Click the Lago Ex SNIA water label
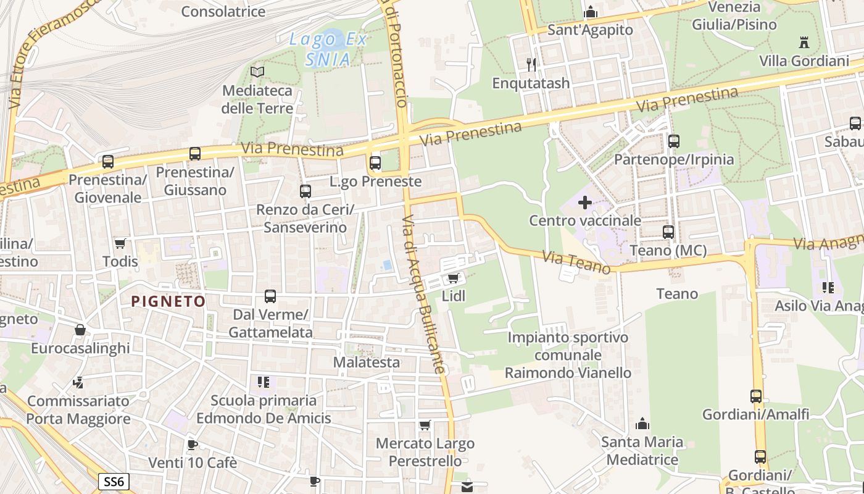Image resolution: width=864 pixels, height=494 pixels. [328, 49]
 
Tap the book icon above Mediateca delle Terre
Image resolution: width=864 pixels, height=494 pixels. [257, 72]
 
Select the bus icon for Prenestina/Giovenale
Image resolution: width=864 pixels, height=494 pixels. [108, 162]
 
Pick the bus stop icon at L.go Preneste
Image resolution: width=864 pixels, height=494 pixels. [375, 163]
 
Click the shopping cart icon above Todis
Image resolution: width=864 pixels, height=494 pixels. [120, 243]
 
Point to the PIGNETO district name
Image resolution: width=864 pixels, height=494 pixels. [168, 301]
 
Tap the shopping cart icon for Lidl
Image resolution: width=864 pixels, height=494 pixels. [454, 278]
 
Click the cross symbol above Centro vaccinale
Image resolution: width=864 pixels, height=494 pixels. [584, 202]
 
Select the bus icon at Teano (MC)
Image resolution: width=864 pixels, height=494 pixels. [668, 232]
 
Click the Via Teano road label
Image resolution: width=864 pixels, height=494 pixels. [576, 262]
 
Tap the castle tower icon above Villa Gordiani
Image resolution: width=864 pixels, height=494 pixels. [804, 43]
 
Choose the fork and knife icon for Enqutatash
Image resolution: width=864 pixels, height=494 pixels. [531, 64]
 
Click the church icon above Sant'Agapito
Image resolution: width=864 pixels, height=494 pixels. [591, 12]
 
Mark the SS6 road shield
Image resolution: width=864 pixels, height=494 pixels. [114, 482]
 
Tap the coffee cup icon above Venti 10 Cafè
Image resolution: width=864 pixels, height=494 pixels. [193, 445]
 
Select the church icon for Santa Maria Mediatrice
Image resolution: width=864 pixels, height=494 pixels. [642, 424]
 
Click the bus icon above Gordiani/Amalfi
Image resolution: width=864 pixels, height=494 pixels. [756, 396]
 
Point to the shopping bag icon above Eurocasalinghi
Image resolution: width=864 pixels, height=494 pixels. [80, 330]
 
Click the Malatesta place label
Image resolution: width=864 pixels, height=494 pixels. [367, 362]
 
